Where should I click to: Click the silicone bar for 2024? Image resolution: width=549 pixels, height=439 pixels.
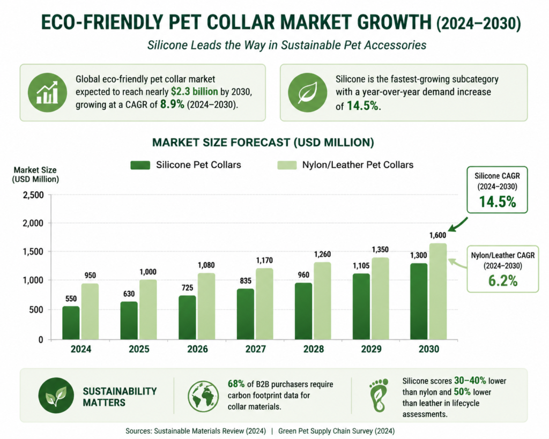pos(71,323)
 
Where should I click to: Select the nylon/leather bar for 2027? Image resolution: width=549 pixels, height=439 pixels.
pos(264,304)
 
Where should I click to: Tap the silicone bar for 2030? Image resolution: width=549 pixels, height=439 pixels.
pos(419,301)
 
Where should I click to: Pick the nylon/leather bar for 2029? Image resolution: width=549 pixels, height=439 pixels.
pos(380,299)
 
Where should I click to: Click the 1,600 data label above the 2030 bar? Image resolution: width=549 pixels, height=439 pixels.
pos(437,235)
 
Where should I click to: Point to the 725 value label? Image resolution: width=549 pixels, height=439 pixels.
pos(187,288)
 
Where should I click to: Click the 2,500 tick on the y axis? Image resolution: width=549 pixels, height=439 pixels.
pos(33,195)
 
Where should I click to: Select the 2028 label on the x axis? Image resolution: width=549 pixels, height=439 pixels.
pos(313,349)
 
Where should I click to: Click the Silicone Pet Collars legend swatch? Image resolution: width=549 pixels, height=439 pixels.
pos(140,165)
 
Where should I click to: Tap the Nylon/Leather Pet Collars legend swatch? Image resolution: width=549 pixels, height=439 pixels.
pos(287,165)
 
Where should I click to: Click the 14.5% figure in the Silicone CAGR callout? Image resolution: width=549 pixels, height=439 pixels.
pos(497,202)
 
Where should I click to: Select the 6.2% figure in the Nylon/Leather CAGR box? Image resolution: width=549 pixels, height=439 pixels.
pos(503,281)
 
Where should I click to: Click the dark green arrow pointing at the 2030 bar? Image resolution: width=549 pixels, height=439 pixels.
pos(458,225)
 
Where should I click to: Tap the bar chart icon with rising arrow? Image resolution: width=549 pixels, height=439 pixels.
pos(47,92)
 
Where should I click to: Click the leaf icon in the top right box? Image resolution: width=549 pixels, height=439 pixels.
pos(307,92)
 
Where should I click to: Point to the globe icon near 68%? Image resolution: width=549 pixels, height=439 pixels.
pos(203,396)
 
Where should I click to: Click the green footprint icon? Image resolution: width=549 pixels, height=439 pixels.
pos(379,395)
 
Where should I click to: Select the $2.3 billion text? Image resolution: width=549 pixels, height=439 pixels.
pos(194,92)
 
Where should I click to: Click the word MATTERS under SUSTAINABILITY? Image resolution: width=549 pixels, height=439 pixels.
pos(104,403)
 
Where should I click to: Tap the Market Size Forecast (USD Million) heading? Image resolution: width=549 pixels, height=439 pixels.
pos(263,143)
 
